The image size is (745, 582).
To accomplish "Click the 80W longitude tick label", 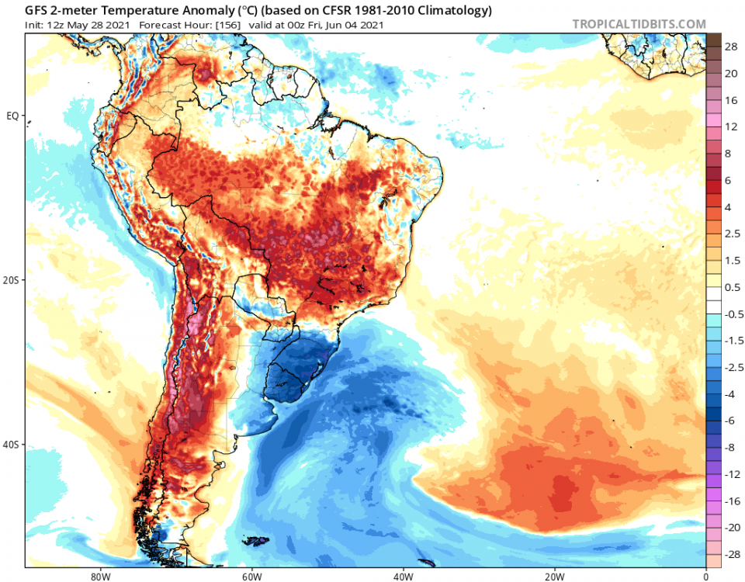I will pyautogui.click(x=97, y=577).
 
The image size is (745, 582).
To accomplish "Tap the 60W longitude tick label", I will pyautogui.click(x=249, y=577).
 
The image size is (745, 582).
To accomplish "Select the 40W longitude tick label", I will pyautogui.click(x=401, y=577).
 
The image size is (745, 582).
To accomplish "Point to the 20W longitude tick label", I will pyautogui.click(x=553, y=577).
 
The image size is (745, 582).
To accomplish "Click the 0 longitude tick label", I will pyautogui.click(x=705, y=577).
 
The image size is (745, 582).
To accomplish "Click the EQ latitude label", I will pyautogui.click(x=12, y=116).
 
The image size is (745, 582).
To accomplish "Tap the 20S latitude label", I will pyautogui.click(x=12, y=280).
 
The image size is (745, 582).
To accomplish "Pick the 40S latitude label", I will pyautogui.click(x=12, y=445).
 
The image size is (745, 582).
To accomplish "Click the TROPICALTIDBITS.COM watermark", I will pyautogui.click(x=639, y=24).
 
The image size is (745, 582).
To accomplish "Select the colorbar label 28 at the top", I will pyautogui.click(x=731, y=47).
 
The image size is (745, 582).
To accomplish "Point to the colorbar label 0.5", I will pyautogui.click(x=731, y=287).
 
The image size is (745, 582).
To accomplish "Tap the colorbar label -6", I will pyautogui.click(x=731, y=421).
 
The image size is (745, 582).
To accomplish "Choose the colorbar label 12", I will pyautogui.click(x=731, y=126).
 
